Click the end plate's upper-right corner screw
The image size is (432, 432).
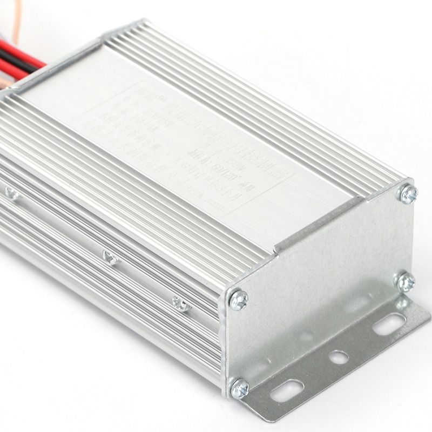pos(408,193)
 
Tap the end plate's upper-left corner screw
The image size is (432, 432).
pos(238,300)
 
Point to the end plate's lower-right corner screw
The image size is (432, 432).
pos(406,282)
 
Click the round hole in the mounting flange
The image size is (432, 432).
pos(339,357)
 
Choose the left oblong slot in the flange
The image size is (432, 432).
pos(287,390)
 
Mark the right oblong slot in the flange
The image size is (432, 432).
pos(389,324)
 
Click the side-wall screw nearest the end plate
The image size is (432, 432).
pos(182,303)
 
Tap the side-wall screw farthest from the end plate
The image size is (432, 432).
pos(11,193)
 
